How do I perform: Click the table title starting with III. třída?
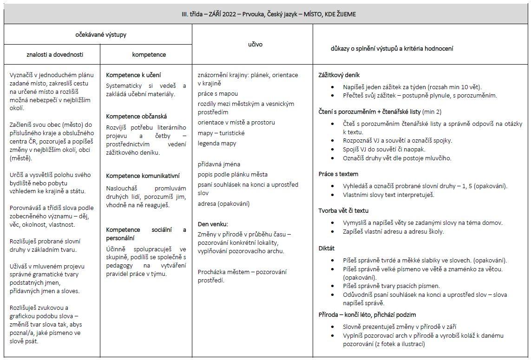click(x=269, y=14)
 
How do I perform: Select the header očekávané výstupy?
click(x=101, y=34)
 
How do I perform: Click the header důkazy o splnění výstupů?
click(x=392, y=48)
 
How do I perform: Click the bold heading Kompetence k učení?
click(x=133, y=75)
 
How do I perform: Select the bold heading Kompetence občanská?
click(x=136, y=116)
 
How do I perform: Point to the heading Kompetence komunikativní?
click(x=143, y=176)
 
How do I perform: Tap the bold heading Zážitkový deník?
click(x=339, y=75)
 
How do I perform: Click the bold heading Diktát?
click(x=327, y=249)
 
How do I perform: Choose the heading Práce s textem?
click(x=338, y=174)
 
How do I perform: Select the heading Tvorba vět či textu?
click(x=343, y=210)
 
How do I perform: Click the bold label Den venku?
click(x=213, y=224)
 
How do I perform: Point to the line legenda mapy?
click(x=216, y=143)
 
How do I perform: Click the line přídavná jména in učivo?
click(x=219, y=164)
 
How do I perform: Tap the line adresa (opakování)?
click(x=223, y=203)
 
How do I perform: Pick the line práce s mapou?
click(x=217, y=93)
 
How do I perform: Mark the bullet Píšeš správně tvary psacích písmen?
click(x=391, y=286)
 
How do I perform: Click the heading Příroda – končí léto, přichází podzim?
click(x=367, y=314)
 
